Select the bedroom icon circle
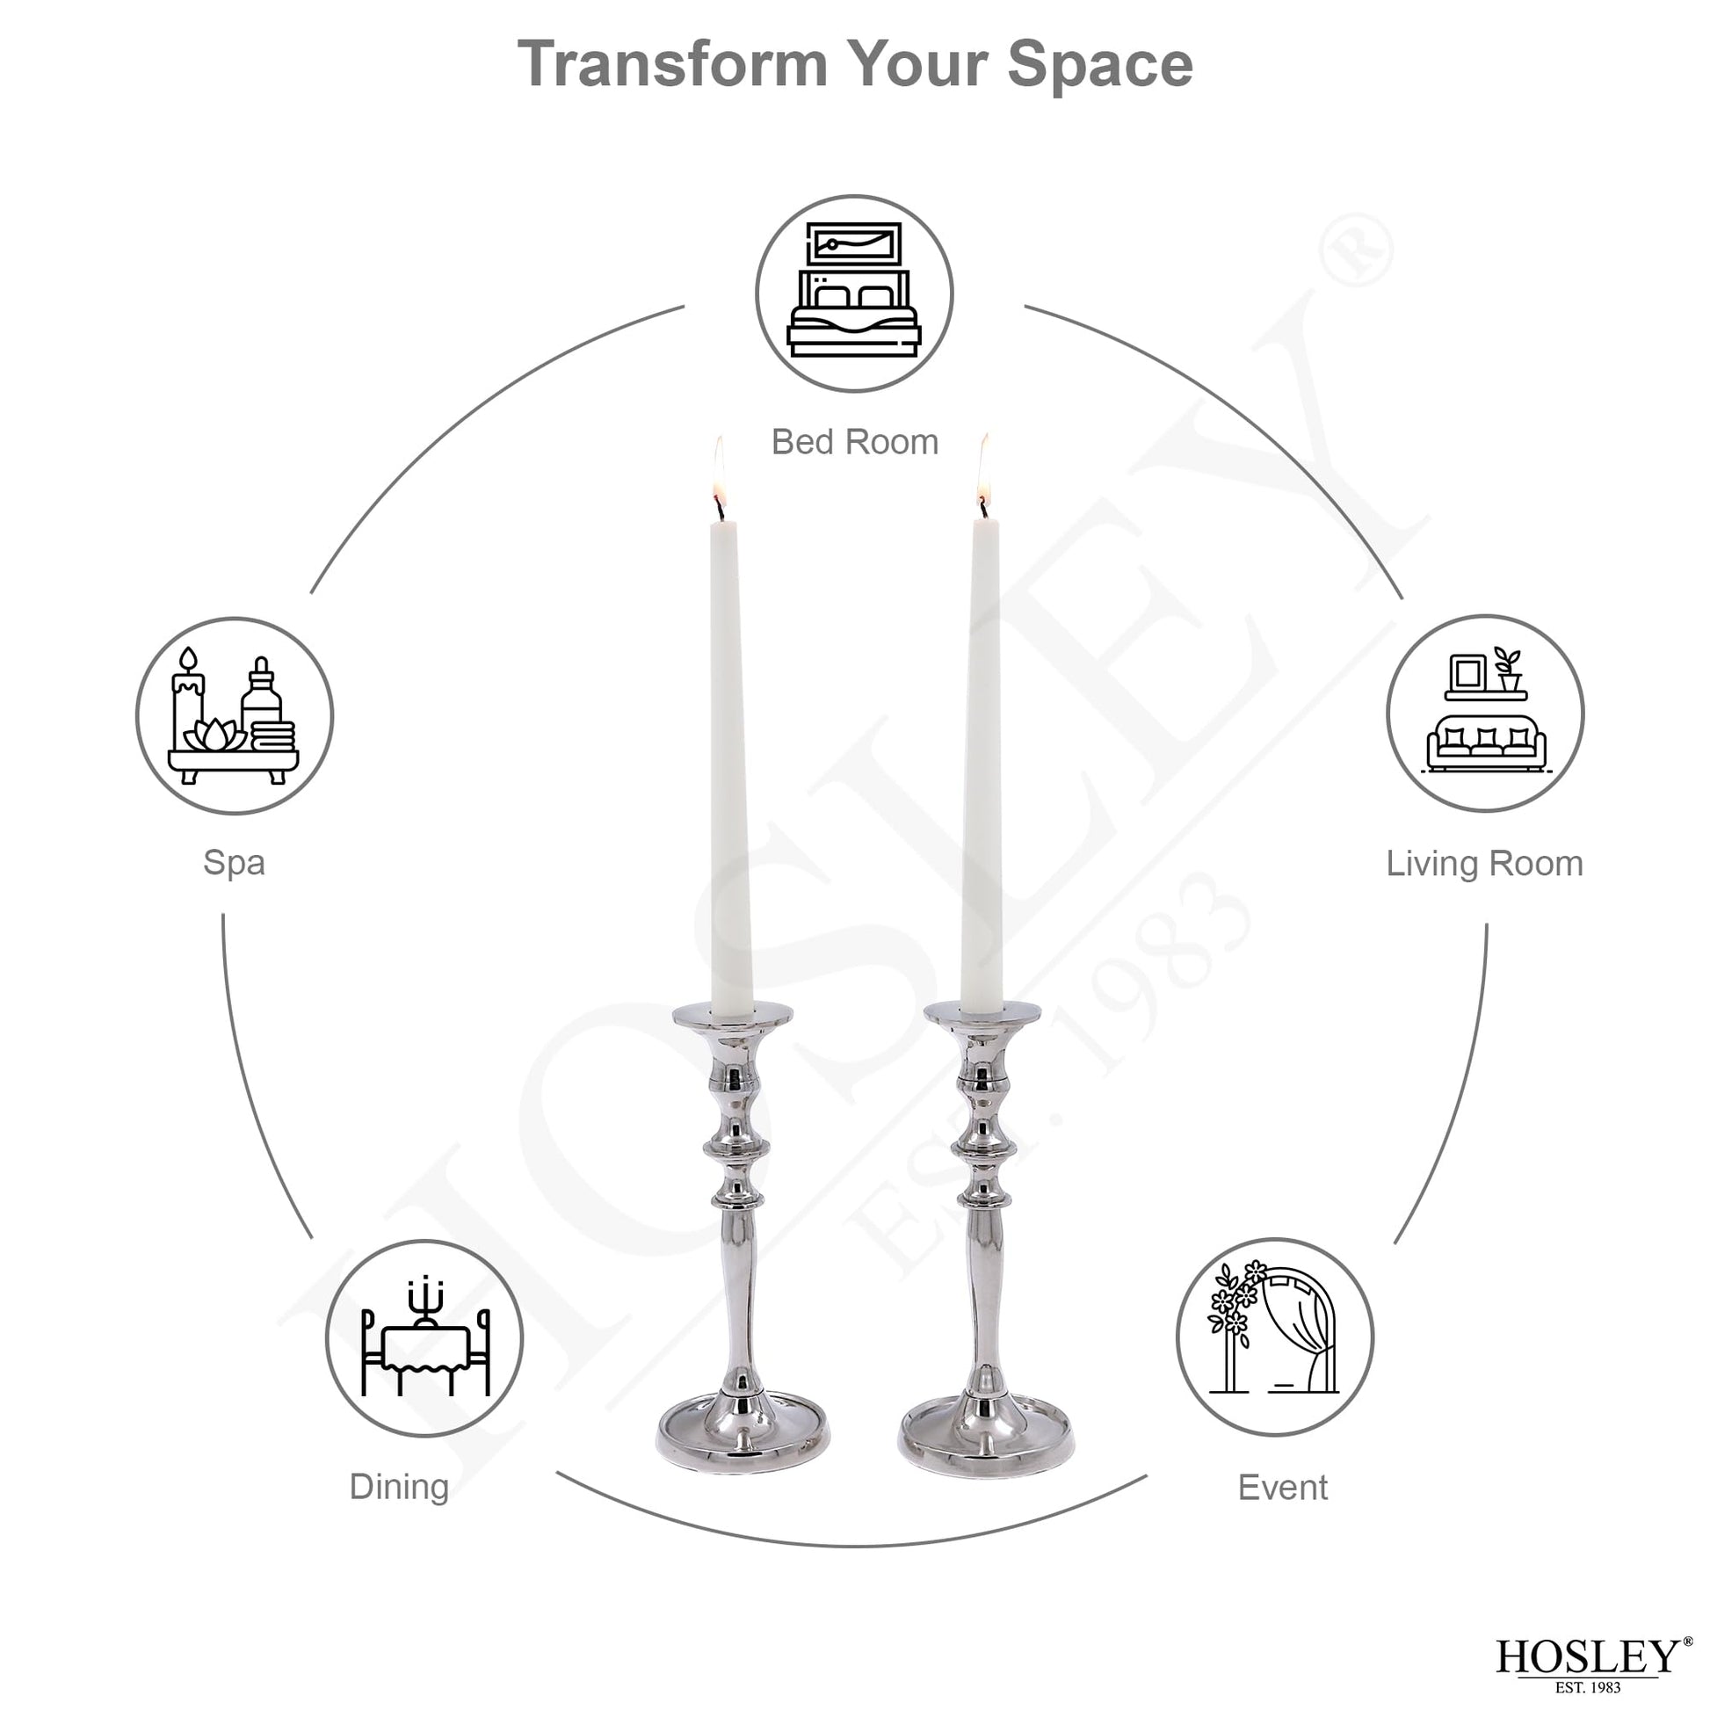tap(854, 293)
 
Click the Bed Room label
tap(854, 442)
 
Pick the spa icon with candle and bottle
tap(234, 715)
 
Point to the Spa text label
tap(234, 863)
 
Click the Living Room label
tap(1484, 864)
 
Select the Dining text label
tap(399, 1487)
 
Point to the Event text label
tap(1283, 1488)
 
